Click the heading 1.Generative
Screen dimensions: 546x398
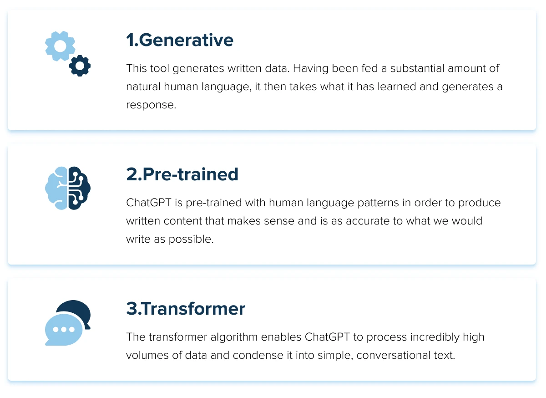click(180, 40)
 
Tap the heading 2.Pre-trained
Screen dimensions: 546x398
click(182, 174)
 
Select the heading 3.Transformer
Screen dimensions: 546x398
click(186, 309)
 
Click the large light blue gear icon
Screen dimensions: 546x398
click(60, 46)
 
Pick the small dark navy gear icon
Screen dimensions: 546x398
click(80, 66)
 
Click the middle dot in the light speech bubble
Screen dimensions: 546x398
click(64, 329)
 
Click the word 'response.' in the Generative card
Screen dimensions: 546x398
click(151, 105)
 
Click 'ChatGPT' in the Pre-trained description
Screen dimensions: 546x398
click(149, 203)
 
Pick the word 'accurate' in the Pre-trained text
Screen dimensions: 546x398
click(367, 221)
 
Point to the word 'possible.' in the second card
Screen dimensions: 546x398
click(191, 240)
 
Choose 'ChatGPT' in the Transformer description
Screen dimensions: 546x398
click(327, 337)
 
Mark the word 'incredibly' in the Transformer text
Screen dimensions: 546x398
click(435, 337)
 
